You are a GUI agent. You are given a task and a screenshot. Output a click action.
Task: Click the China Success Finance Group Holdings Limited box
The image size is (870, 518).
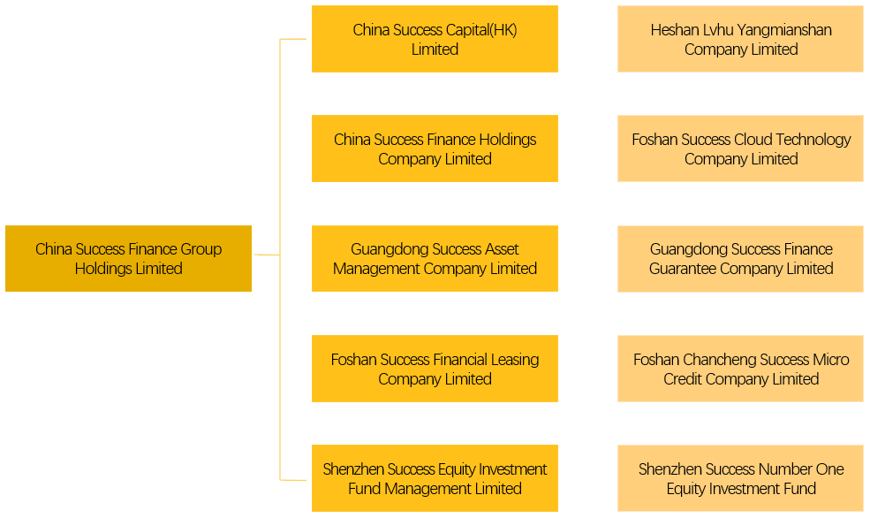coord(128,258)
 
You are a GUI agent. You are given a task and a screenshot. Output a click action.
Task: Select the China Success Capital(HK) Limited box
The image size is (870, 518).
coord(435,39)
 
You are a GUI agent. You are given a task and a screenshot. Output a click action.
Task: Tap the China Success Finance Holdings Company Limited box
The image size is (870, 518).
coord(435,149)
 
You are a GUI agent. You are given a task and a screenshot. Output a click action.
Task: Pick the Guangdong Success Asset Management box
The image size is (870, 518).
coord(435,258)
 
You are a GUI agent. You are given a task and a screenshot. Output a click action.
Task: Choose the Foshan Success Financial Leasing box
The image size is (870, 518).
coord(435,368)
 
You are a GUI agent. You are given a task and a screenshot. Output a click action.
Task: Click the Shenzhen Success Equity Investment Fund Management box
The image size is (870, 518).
coord(435,478)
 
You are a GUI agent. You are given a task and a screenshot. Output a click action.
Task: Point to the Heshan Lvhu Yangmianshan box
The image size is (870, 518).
coord(740,39)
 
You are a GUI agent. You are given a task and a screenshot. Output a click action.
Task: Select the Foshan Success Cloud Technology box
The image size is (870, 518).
coord(740,149)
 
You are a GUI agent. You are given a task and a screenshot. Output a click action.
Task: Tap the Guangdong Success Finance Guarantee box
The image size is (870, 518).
coord(740,258)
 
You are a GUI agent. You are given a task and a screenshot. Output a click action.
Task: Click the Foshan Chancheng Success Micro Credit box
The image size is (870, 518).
coord(740,368)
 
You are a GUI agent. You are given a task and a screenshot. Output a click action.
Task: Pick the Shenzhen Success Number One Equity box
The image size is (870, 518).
coord(740,478)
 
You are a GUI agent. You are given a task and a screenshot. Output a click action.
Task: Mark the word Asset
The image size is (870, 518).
coord(501,249)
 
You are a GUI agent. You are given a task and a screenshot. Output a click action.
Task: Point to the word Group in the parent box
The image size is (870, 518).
coord(200,249)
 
